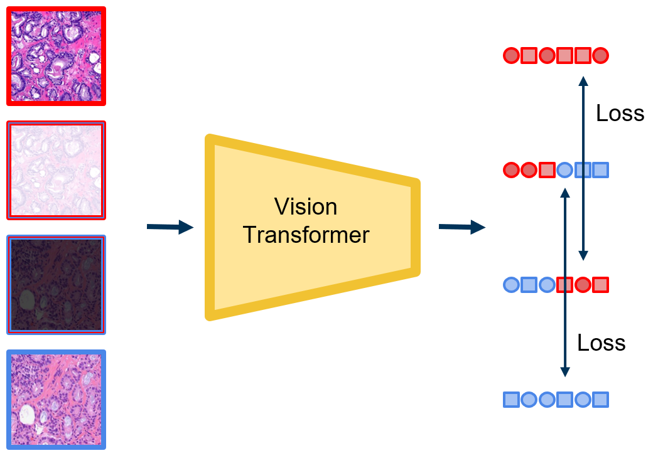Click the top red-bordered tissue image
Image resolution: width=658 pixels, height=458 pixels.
[56, 56]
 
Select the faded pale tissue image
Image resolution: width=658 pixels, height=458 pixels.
[56, 170]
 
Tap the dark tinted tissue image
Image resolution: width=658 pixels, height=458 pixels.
[56, 284]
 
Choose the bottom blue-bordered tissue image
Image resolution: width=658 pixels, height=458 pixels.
[56, 399]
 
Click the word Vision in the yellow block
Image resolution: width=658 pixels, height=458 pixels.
[306, 207]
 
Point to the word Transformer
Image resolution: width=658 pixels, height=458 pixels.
[306, 235]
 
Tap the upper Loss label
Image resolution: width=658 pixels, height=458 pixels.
[620, 113]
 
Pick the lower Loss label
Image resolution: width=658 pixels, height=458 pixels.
[601, 343]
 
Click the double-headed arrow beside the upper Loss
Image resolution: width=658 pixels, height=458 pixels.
[583, 168]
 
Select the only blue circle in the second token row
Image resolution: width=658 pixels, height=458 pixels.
[564, 169]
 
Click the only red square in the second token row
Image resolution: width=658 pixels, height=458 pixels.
[547, 169]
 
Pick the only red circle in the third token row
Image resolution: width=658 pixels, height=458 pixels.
[583, 285]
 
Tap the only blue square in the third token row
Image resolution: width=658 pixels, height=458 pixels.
[529, 285]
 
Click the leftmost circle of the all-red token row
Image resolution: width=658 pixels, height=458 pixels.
[511, 56]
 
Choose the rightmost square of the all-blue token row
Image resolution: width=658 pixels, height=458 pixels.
[601, 400]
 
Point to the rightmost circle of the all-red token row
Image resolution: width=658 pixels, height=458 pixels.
[601, 56]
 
